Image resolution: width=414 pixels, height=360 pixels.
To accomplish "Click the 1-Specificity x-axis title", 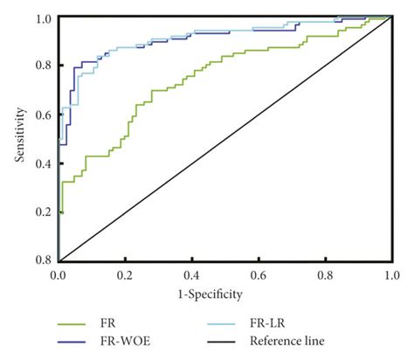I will [223, 295].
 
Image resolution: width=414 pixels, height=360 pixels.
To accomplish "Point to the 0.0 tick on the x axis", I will [58, 274].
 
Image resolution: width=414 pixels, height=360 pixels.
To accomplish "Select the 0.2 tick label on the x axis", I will [124, 274].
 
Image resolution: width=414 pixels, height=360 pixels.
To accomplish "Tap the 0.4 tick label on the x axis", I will [191, 274].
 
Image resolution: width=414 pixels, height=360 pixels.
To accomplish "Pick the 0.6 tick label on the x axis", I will [258, 274].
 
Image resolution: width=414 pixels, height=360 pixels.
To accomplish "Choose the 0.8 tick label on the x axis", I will [325, 274].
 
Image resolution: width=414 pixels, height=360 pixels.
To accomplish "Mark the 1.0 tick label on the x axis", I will [390, 274].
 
